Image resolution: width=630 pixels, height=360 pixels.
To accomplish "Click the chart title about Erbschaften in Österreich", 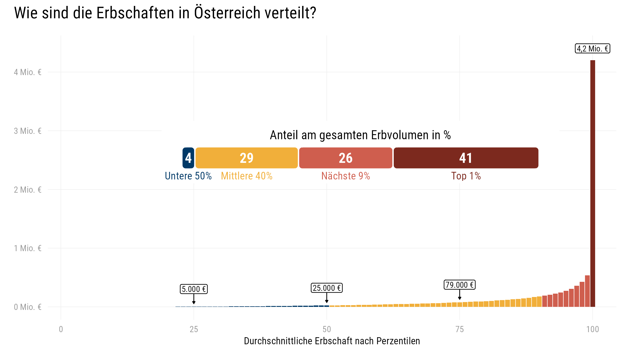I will point(165,13).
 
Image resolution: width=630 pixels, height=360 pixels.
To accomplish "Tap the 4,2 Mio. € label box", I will point(592,49).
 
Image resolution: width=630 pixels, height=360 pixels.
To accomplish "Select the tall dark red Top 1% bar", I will point(593,183).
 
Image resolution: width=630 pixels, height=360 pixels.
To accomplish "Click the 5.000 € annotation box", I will point(194,289).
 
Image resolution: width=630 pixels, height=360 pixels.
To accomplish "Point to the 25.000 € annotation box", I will point(327,288).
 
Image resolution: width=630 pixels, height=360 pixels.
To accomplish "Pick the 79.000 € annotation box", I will point(460,285).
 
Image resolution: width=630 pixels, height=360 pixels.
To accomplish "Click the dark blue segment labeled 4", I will point(188,158).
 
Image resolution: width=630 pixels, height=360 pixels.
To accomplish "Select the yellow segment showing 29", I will point(246,158).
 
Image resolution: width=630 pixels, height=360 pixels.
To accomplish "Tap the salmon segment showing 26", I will point(345,158).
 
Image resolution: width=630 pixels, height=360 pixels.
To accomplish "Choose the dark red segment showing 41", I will point(466,158).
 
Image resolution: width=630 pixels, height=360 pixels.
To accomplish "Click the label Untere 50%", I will point(188,176).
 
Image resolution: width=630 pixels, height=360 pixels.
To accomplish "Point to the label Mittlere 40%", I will point(246,176).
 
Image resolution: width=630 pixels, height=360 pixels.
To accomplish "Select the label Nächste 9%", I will point(345,176).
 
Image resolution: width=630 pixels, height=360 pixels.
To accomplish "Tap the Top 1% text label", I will point(466,176).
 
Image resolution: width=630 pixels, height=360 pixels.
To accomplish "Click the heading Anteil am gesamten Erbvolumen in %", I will point(360,135).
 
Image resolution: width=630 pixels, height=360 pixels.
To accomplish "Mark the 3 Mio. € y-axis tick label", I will point(28,131).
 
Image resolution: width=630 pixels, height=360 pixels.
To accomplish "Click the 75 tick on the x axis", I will point(460,329).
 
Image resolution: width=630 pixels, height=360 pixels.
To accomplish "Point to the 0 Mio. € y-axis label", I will point(28,307).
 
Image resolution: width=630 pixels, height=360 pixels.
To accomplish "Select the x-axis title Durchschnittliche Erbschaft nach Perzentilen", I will point(332,341).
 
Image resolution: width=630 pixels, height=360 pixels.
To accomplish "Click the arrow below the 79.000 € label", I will point(460,295).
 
